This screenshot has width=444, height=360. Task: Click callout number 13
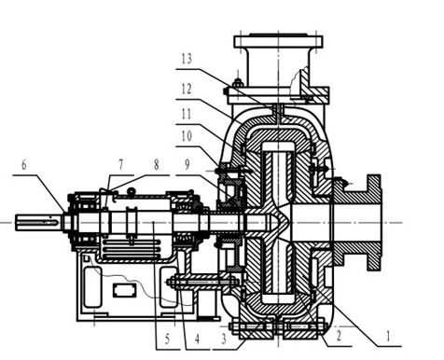(187, 59)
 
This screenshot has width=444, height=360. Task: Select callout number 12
(187, 90)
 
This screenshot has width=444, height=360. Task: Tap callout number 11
(187, 114)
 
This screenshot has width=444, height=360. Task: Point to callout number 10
(187, 136)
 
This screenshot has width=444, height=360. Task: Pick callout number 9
(187, 164)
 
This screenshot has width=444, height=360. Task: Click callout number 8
(157, 164)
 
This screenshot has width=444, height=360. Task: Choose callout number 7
(121, 164)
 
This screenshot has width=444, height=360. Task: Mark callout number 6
(24, 165)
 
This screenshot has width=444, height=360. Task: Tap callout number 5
(167, 339)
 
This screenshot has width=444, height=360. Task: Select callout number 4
(197, 339)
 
